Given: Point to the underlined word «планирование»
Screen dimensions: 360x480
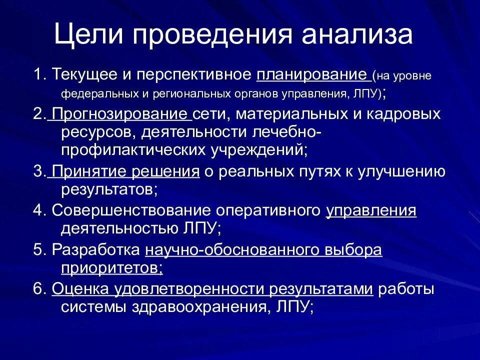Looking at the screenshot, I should (311, 75).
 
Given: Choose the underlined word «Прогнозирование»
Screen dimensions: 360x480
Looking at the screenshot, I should (121, 114).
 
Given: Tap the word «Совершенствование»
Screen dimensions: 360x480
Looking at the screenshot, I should (126, 210).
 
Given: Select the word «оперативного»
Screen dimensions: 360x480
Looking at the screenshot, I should (263, 210).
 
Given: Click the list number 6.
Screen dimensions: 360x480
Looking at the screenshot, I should (38, 289).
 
